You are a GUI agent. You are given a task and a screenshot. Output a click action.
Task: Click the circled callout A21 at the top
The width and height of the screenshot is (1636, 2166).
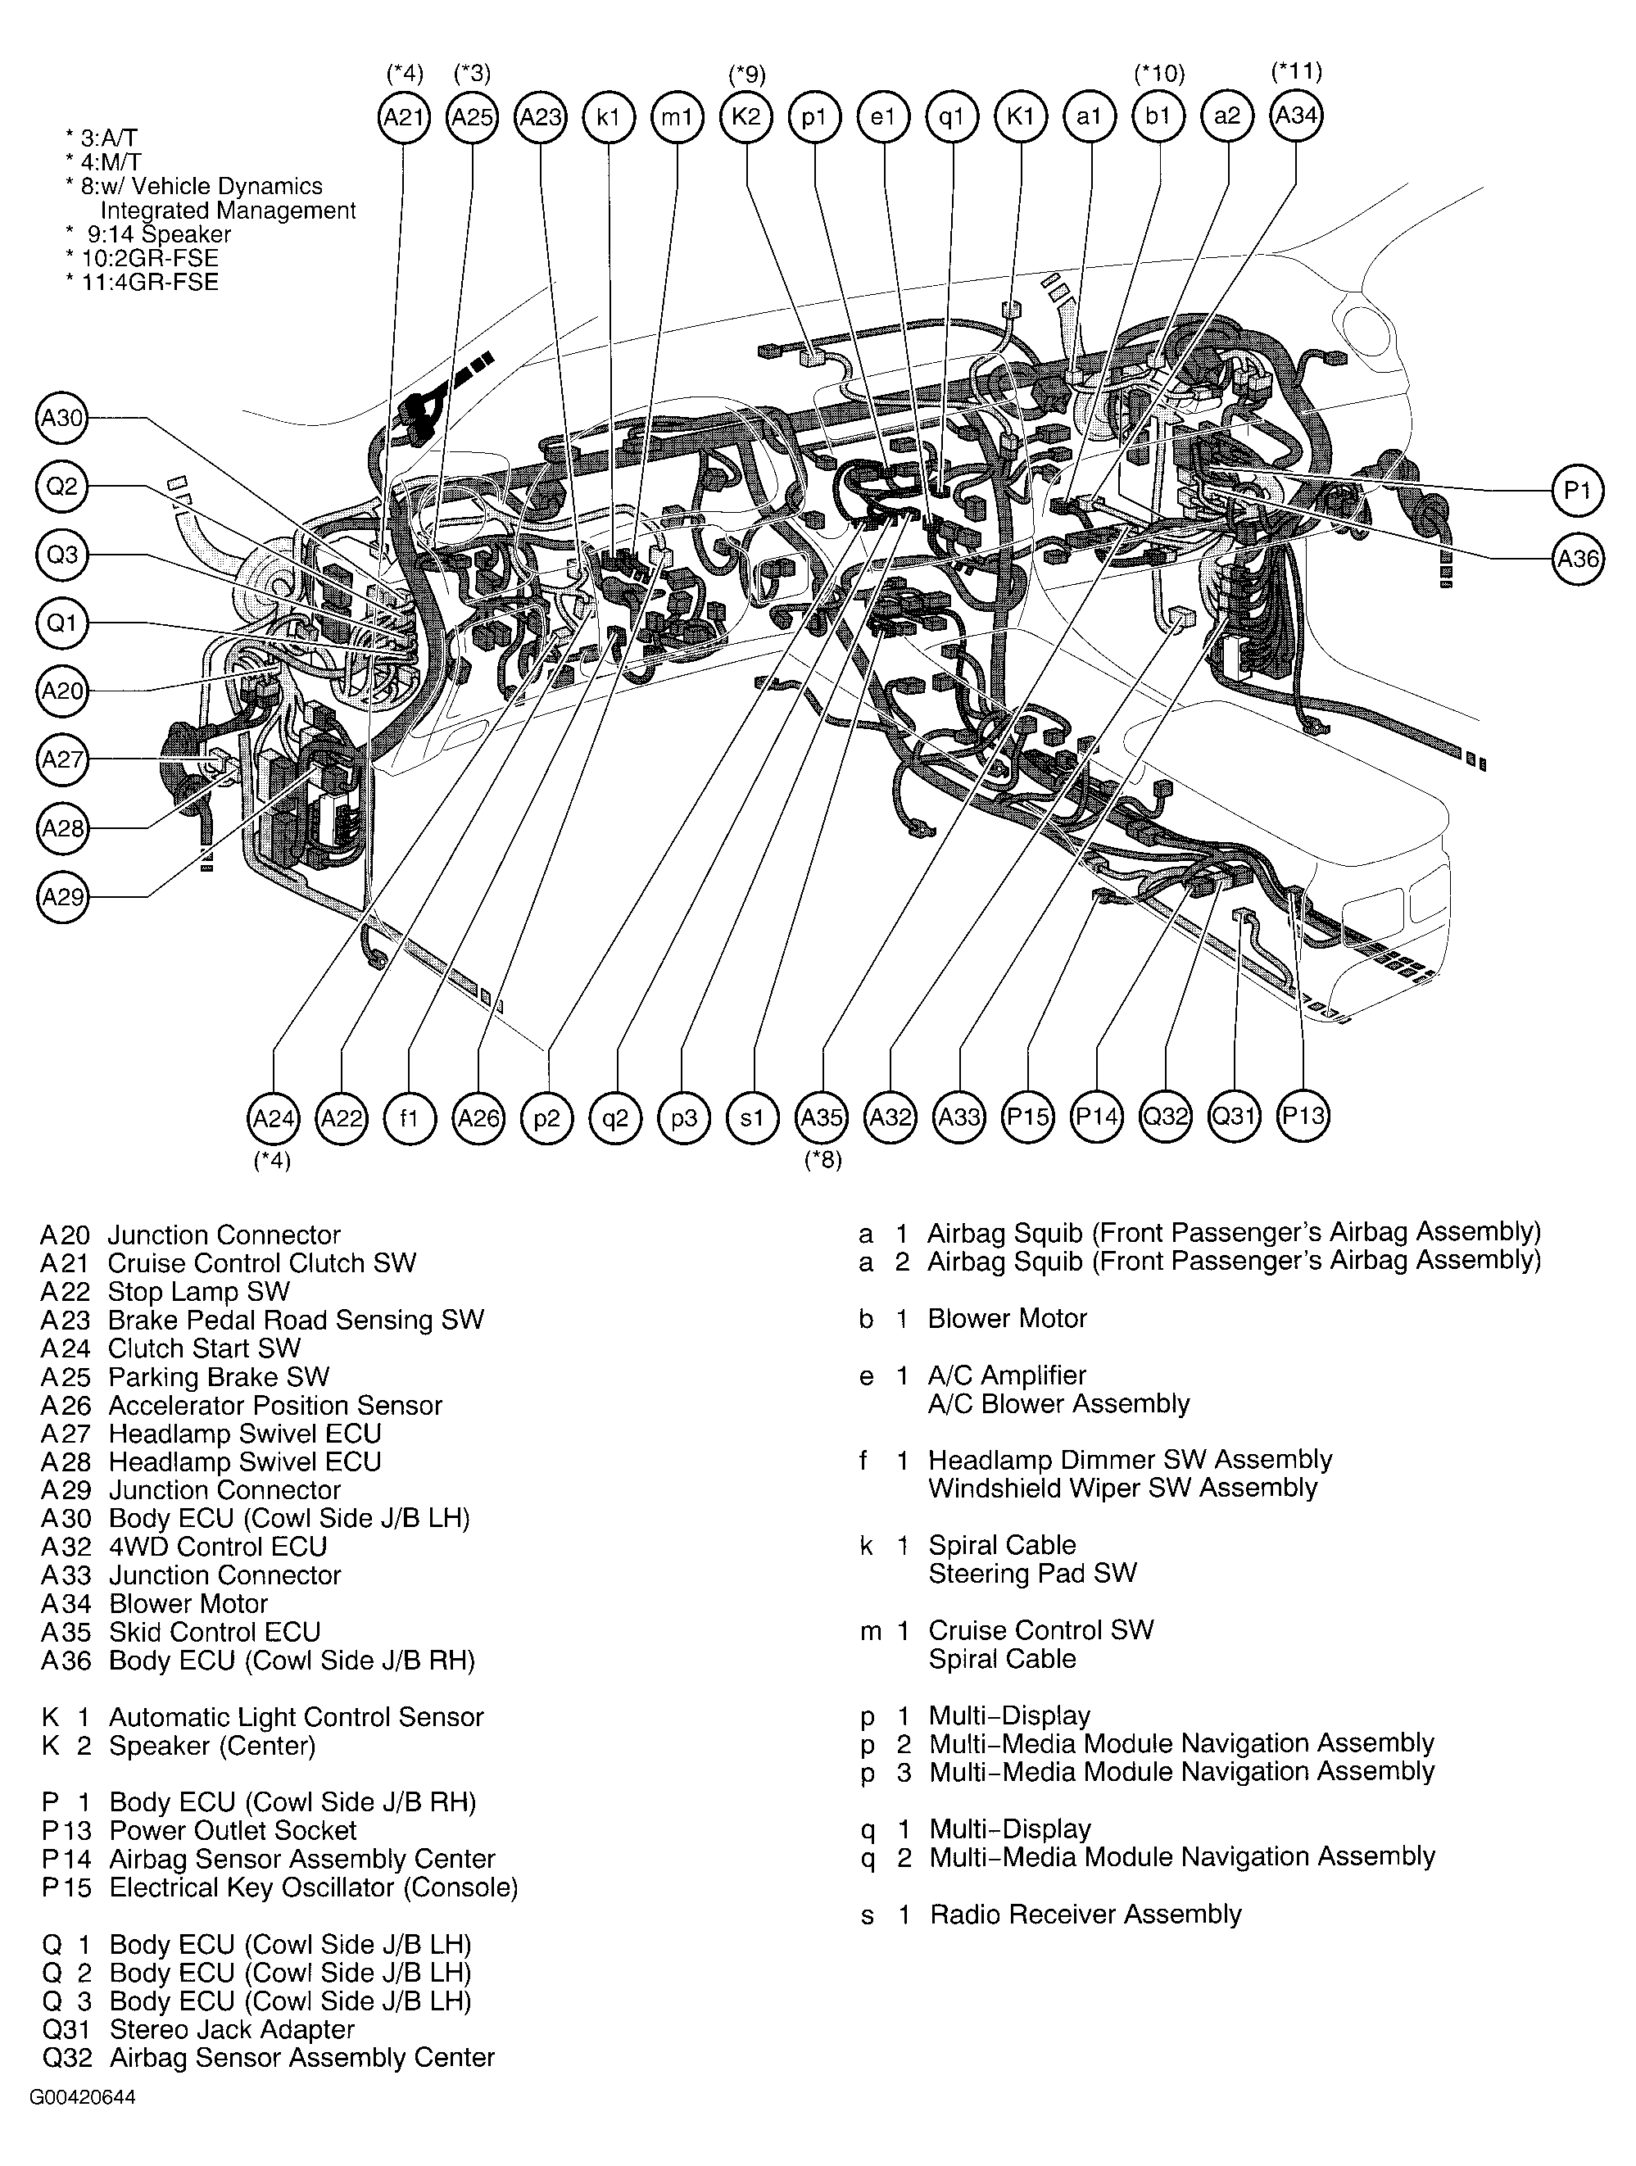pyautogui.click(x=403, y=117)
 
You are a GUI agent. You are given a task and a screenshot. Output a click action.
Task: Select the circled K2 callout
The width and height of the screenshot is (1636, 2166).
pyautogui.click(x=746, y=117)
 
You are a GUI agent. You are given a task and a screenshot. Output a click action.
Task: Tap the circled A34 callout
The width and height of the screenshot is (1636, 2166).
pyautogui.click(x=1295, y=116)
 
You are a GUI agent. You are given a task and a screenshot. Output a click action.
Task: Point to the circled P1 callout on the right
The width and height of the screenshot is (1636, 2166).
pyautogui.click(x=1577, y=490)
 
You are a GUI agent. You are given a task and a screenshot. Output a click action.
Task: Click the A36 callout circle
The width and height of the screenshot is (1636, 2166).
pyautogui.click(x=1577, y=560)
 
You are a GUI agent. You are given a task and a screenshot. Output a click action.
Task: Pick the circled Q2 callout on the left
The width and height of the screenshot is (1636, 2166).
pyautogui.click(x=62, y=487)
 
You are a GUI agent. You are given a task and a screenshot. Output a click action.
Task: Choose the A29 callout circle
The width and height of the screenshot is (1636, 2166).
pyautogui.click(x=62, y=897)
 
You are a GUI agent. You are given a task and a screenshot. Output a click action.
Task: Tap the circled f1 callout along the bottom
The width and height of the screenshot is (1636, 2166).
pyautogui.click(x=410, y=1117)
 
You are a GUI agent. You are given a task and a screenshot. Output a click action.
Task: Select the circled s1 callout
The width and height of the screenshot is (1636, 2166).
pyautogui.click(x=753, y=1117)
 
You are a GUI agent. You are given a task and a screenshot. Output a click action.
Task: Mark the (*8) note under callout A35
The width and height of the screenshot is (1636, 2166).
pyautogui.click(x=823, y=1162)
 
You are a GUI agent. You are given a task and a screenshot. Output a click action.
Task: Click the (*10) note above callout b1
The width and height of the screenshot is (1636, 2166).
pyautogui.click(x=1159, y=74)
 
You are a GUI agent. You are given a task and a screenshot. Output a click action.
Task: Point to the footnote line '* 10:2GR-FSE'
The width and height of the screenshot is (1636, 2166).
pyautogui.click(x=142, y=259)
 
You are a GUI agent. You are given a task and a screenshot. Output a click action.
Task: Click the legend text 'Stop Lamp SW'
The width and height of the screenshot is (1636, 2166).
pyautogui.click(x=199, y=1292)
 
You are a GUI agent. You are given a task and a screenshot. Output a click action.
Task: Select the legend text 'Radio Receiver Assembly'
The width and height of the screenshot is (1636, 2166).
pyautogui.click(x=1085, y=1915)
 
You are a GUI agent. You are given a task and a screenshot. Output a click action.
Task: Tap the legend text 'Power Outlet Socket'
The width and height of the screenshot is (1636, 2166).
pyautogui.click(x=233, y=1830)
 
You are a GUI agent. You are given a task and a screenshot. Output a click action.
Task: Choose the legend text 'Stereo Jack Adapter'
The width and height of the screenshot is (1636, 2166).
pyautogui.click(x=232, y=2029)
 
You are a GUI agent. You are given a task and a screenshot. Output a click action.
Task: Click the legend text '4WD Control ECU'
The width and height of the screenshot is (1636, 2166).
pyautogui.click(x=217, y=1547)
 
